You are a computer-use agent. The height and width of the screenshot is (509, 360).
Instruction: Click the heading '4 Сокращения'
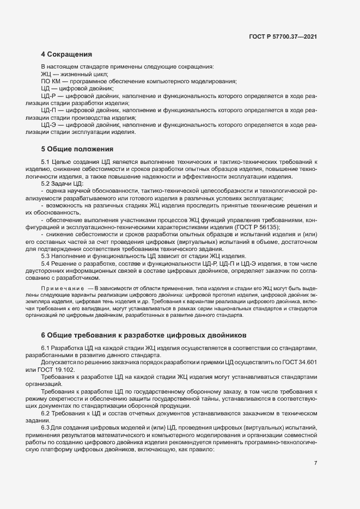[x=66, y=54]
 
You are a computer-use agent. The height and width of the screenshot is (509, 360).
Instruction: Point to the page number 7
[x=316, y=463]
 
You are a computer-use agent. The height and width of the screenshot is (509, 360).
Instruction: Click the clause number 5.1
[x=45, y=163]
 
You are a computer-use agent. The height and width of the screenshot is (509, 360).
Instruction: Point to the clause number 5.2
[x=45, y=185]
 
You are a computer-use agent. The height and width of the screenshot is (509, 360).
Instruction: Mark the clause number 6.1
[x=45, y=348]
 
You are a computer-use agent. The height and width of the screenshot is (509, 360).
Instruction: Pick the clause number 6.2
[x=45, y=413]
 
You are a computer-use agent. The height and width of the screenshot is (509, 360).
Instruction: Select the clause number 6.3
[x=45, y=428]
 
